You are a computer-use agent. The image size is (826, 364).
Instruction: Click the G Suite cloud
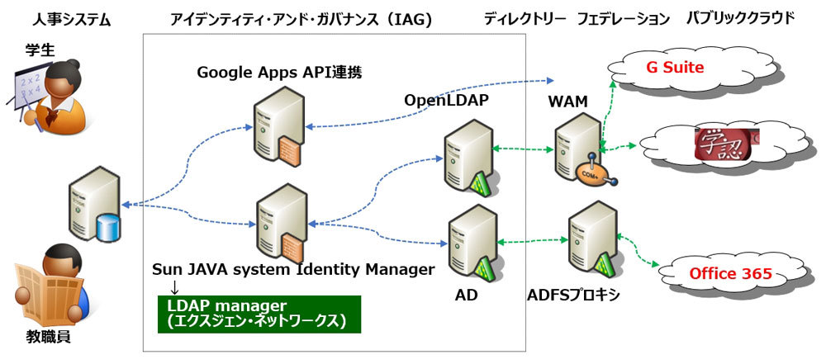675,68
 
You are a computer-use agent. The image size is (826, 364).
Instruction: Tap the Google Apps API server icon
278,128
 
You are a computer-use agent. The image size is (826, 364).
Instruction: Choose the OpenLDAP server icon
464,157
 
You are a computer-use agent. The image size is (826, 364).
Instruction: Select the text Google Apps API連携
280,73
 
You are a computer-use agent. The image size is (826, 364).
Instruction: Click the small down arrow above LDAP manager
174,286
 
